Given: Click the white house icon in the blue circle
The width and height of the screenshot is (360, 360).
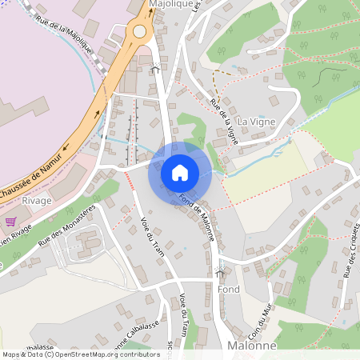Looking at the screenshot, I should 179,172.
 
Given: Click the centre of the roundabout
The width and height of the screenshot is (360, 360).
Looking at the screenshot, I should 141,32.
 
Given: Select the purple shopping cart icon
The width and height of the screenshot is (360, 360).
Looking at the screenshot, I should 10,222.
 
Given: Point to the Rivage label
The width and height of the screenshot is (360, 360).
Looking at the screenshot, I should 37,201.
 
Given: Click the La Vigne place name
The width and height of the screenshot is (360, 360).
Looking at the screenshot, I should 254,121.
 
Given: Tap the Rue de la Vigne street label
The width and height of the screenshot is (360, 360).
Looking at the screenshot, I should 223,117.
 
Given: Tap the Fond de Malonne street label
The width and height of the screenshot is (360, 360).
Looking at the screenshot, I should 198,217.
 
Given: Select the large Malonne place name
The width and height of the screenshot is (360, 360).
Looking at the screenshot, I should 251,346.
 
